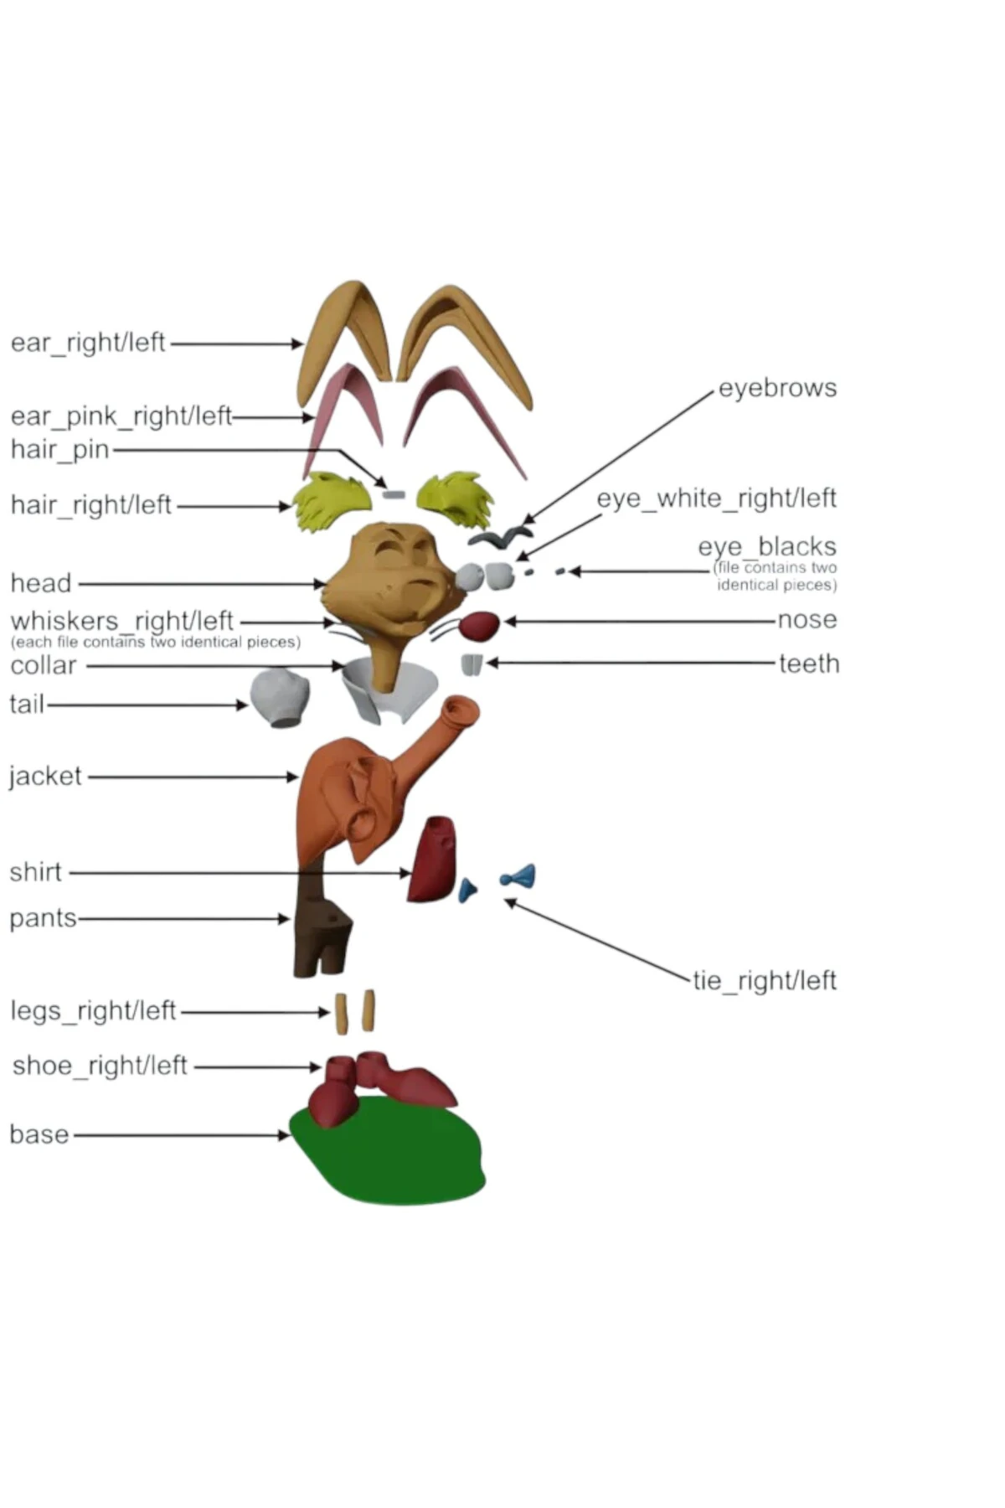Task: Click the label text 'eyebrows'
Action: (x=777, y=389)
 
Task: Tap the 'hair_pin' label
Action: (x=59, y=450)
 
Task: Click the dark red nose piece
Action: (x=480, y=625)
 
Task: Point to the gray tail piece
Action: (x=281, y=695)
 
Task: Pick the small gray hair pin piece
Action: (x=393, y=494)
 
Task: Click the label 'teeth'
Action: (x=809, y=664)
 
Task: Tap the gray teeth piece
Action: (x=472, y=664)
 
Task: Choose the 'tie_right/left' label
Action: (x=764, y=980)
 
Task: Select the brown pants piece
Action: (x=321, y=934)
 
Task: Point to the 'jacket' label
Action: (x=46, y=777)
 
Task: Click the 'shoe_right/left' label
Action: (x=100, y=1066)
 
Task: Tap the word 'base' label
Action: (x=39, y=1134)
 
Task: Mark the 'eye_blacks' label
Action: (x=767, y=547)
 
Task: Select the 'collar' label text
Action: (x=44, y=666)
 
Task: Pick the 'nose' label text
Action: (x=807, y=620)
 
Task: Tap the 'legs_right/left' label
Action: (x=93, y=1010)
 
